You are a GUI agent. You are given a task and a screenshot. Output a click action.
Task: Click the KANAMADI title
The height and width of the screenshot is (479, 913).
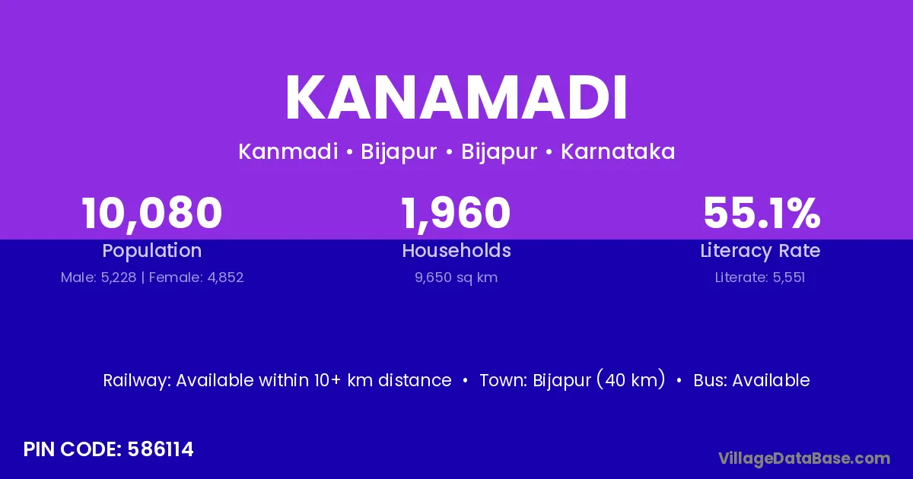(x=456, y=97)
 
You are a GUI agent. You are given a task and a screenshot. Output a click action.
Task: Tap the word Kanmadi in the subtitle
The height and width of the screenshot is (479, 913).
(x=288, y=151)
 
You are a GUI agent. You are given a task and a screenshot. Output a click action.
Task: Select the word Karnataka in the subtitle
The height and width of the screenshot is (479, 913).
(x=618, y=151)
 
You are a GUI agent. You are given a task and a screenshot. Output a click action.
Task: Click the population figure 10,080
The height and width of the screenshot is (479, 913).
(x=152, y=213)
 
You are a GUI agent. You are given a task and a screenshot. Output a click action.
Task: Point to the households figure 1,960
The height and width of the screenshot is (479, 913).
(x=456, y=213)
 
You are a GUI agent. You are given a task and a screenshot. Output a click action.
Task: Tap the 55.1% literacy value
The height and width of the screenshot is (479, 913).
(x=762, y=213)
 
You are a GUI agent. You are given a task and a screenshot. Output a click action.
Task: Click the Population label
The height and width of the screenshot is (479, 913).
(x=152, y=251)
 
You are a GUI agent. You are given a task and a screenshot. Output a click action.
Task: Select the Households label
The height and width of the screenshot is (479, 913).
(x=456, y=250)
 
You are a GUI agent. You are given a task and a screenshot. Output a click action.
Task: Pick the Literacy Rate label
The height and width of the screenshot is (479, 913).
(x=761, y=251)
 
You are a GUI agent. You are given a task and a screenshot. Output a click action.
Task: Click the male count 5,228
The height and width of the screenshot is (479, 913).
(x=119, y=278)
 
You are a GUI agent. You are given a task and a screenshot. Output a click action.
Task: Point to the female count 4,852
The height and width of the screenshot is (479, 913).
(x=225, y=278)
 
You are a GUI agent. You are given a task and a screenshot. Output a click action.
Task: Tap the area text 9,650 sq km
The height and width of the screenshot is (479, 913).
(x=456, y=278)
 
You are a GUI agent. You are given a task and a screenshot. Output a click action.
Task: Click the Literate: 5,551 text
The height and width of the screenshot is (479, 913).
(x=760, y=278)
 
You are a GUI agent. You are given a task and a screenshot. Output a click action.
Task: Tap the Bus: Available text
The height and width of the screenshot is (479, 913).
(x=752, y=380)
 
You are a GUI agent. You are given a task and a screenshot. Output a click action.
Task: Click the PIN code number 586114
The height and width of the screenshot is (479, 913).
(x=161, y=449)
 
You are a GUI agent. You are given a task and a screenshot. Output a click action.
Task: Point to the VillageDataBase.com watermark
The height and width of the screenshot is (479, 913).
(x=804, y=458)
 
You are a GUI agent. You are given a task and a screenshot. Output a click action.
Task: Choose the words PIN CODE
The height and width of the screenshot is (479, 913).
(x=72, y=449)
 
